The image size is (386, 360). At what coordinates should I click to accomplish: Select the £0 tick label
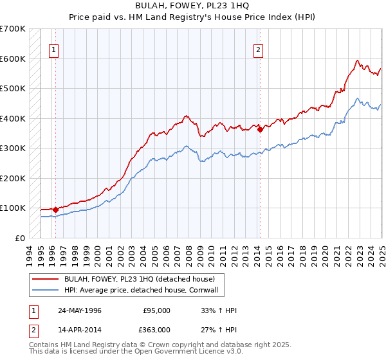21,238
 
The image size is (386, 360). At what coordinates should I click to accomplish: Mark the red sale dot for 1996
55,209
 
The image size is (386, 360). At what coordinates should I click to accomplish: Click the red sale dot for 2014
260,129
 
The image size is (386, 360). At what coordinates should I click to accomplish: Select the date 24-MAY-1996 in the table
79,310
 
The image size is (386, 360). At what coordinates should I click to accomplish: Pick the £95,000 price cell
157,310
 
